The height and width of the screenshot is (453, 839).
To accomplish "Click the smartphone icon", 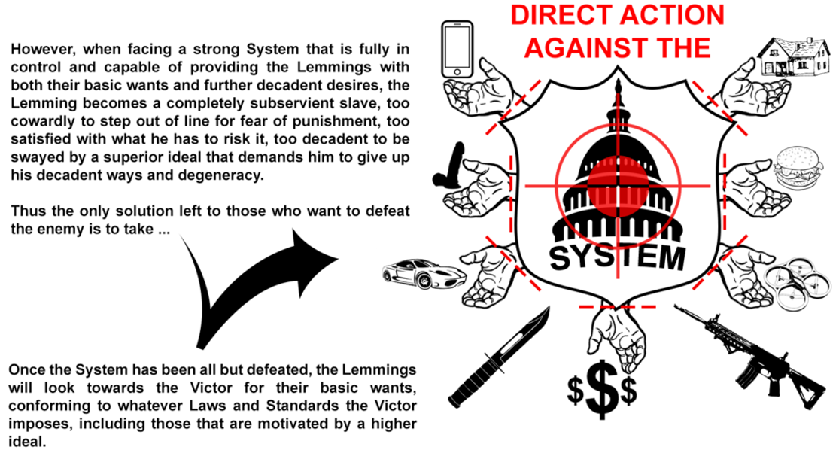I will [x=458, y=47].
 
